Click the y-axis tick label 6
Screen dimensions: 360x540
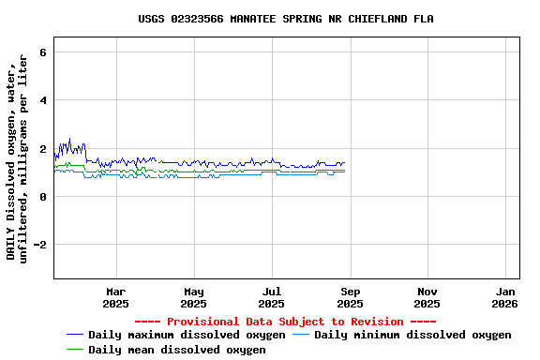pos(43,52)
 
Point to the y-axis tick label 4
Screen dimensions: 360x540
pos(43,100)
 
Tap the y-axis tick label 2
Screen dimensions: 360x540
pos(43,148)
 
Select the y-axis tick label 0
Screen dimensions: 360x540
pos(43,197)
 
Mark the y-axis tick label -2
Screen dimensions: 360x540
pos(39,245)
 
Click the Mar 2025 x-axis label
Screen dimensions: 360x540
pos(115,297)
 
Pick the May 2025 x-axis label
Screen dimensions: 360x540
pos(193,297)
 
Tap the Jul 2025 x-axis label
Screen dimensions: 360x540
pos(271,297)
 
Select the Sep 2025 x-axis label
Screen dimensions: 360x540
pos(349,297)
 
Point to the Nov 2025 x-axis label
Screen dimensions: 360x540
pos(427,297)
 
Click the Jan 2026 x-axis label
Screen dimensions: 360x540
pos(504,297)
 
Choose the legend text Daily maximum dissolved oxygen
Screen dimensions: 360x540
pos(187,335)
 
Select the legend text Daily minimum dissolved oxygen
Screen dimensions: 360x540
pos(412,335)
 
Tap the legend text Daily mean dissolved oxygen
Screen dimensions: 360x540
pos(177,350)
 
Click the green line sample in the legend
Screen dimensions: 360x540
pos(75,350)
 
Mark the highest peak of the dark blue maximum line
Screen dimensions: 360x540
pos(69,139)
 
